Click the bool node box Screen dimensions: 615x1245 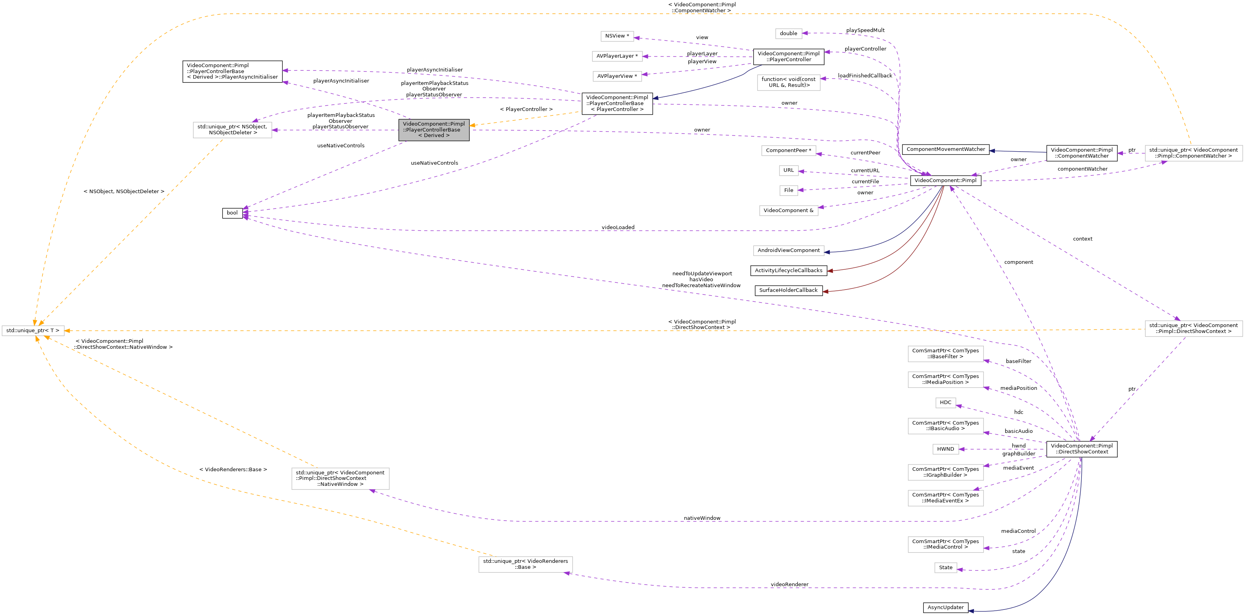(232, 213)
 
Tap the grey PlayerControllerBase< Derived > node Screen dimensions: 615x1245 (433, 130)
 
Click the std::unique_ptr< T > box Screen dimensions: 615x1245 (33, 331)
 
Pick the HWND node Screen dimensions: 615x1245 (946, 449)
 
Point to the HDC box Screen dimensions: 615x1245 (946, 402)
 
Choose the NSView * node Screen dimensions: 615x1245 (617, 36)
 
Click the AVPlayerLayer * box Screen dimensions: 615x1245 (617, 56)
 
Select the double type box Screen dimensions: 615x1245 (788, 33)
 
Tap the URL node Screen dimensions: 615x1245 (788, 170)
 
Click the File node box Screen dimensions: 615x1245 (788, 190)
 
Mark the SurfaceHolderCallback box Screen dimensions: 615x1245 (788, 290)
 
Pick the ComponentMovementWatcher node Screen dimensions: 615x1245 (946, 150)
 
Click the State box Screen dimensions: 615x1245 (946, 568)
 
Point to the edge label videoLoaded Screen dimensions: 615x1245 (618, 227)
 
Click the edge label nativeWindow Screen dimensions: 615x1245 (702, 518)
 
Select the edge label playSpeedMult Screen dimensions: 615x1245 (865, 30)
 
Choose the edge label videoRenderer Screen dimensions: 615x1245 (789, 585)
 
